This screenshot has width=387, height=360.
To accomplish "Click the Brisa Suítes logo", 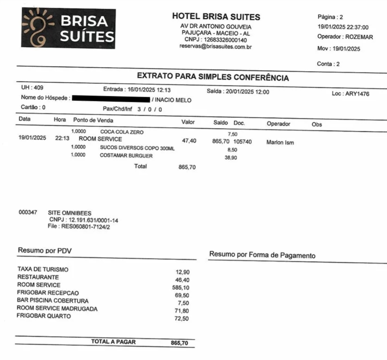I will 68,28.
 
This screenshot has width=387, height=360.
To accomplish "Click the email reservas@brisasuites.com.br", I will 216,47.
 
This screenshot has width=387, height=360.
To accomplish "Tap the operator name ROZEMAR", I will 359,37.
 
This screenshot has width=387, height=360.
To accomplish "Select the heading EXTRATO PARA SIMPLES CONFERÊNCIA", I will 213,77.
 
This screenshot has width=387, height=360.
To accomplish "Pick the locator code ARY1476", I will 357,94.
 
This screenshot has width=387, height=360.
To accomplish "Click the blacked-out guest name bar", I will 111,99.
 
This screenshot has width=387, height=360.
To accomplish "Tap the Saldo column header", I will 221,123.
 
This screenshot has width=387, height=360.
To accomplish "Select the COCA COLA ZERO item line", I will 122,132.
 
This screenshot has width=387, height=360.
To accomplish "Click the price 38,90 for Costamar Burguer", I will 231,158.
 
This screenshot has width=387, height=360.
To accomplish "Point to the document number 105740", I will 242,142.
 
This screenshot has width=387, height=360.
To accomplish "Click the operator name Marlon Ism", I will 280,143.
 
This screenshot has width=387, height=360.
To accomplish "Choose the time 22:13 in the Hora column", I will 62,138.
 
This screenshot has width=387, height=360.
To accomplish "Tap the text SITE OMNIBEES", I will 70,213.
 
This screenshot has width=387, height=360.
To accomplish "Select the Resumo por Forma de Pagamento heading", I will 262,255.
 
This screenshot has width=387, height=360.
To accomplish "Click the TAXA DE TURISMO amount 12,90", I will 182,272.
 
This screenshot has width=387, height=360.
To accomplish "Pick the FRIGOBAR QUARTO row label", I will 44,316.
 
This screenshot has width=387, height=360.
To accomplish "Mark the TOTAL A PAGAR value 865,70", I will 179,343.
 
